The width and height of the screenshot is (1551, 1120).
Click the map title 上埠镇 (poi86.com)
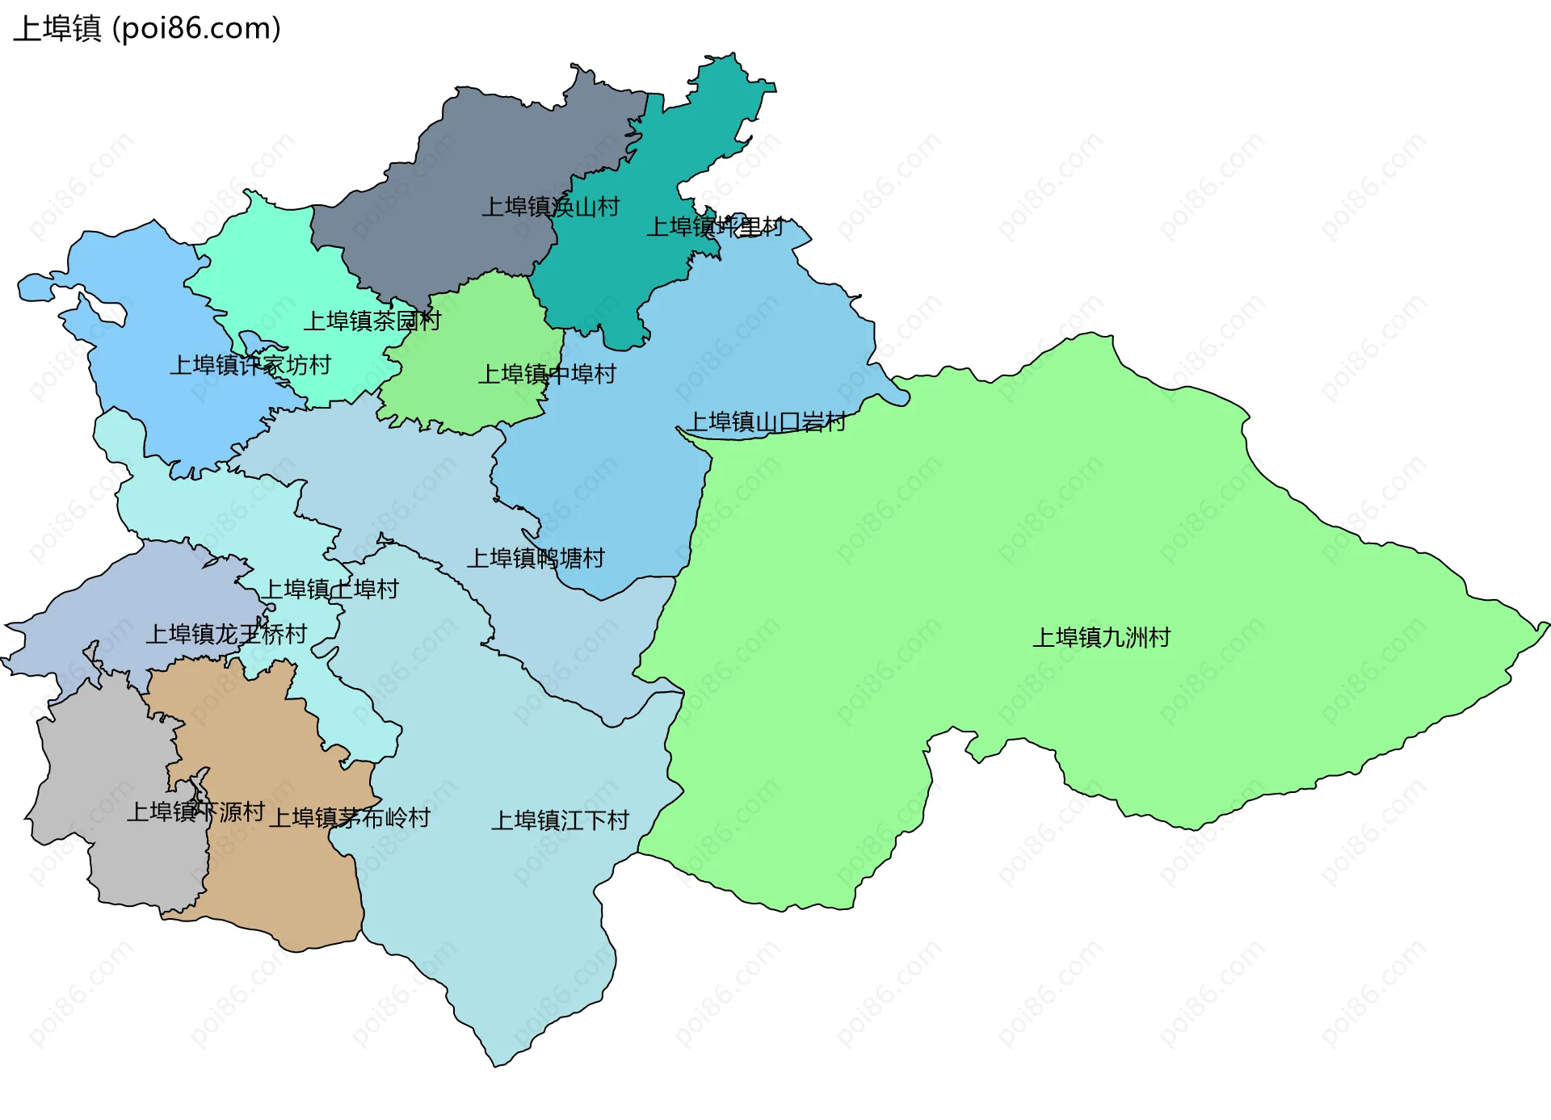pos(147,29)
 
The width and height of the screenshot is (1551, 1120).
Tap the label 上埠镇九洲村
pos(1101,638)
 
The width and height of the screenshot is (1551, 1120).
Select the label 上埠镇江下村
pos(560,821)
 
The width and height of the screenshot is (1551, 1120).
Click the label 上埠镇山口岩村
pos(766,422)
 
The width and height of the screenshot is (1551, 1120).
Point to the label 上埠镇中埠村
pos(547,375)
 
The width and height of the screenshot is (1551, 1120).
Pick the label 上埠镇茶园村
pos(372,321)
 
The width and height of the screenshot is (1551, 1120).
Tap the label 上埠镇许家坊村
pos(250,366)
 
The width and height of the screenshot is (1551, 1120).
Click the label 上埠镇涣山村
pos(550,208)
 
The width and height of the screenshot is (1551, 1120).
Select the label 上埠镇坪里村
pos(715,228)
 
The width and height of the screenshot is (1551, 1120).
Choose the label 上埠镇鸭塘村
pos(536,559)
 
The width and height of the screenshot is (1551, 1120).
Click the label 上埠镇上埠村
pos(331,589)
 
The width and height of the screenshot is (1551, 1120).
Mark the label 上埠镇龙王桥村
pos(226,635)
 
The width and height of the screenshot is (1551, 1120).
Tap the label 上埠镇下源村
pos(195,812)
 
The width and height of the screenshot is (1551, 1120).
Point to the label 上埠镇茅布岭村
pos(349,819)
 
